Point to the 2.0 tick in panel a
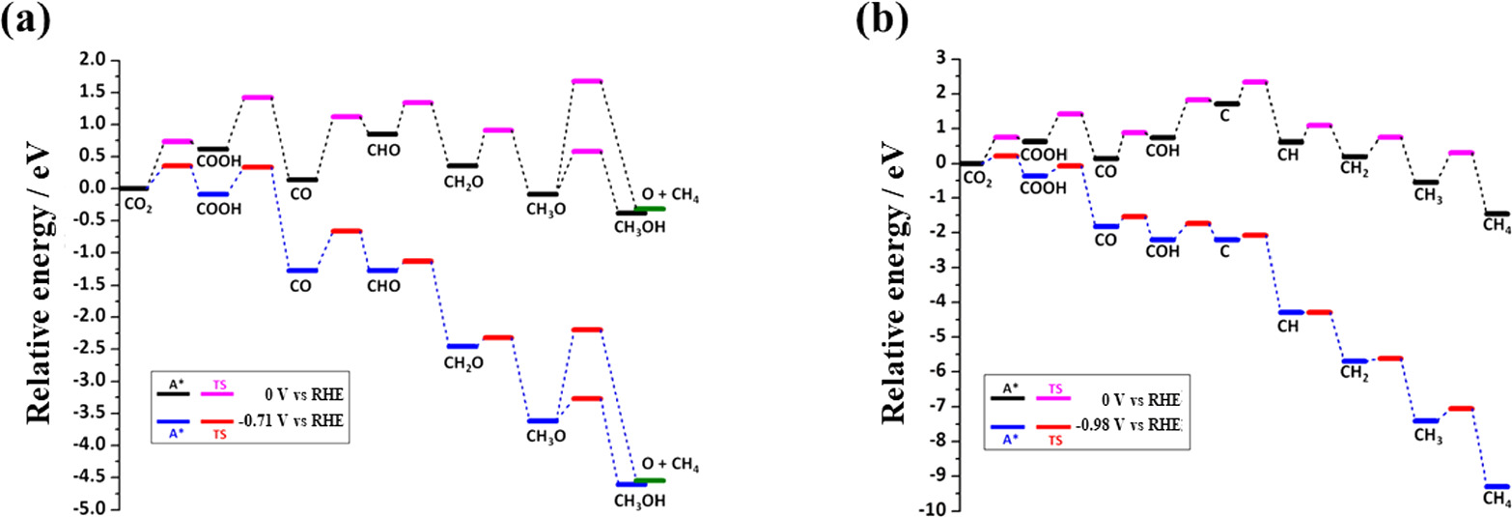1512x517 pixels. coord(93,60)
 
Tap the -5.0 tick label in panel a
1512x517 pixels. coord(90,509)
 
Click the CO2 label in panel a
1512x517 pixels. coord(136,204)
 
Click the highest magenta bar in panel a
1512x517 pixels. coord(587,81)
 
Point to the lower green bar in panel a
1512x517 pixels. coord(649,480)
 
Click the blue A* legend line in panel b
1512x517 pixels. coord(1007,426)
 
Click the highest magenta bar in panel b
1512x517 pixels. coord(1254,82)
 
